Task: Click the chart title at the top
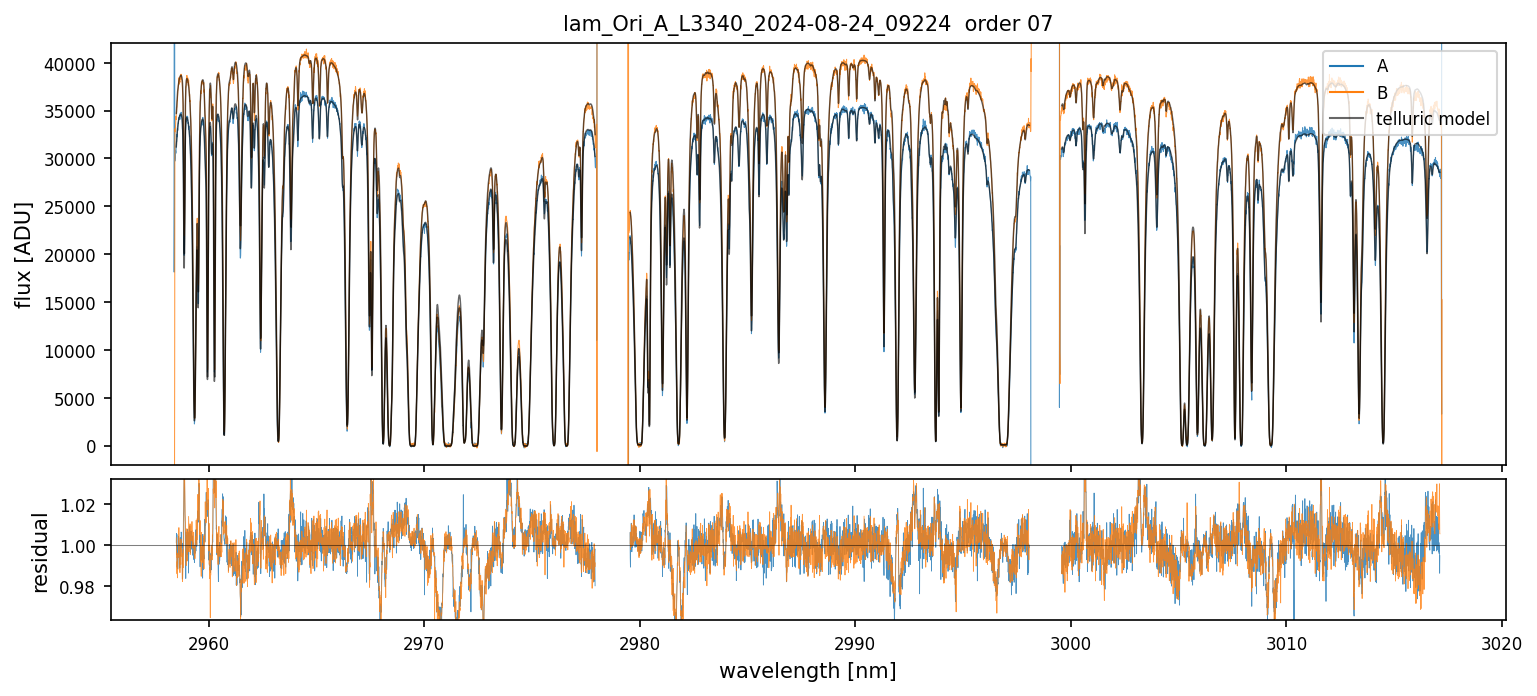[808, 24]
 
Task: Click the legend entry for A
[1382, 66]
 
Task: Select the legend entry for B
[1382, 93]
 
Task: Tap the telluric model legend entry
[1433, 120]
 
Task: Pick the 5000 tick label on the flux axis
[82, 399]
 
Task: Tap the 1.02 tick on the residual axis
[83, 505]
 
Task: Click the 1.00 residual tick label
[83, 546]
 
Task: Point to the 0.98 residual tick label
[83, 586]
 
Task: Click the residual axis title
[41, 552]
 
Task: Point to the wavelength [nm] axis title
[808, 671]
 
